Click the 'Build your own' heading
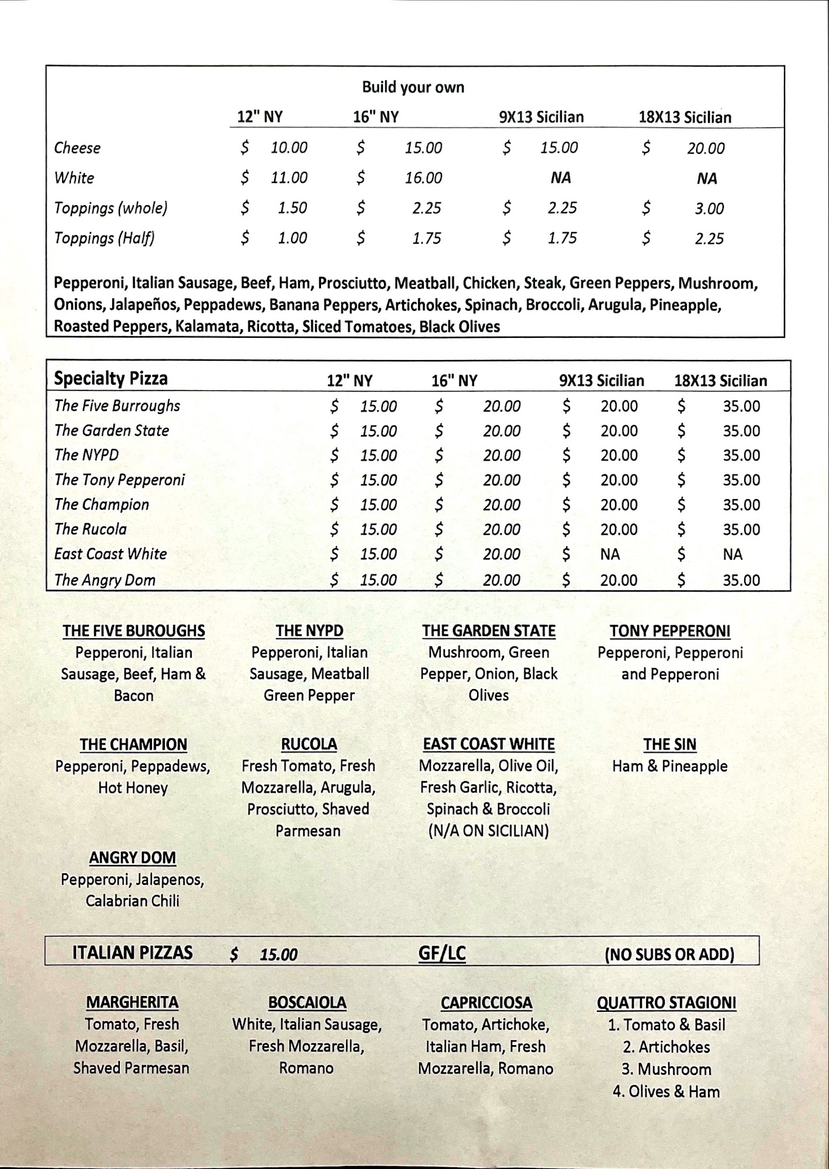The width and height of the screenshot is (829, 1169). pos(413,88)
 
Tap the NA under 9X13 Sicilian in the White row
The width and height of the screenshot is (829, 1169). pos(560,178)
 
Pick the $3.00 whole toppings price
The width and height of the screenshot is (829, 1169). pos(709,209)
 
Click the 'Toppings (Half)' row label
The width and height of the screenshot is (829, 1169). pos(104,238)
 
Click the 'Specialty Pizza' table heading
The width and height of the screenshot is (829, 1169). pos(110,379)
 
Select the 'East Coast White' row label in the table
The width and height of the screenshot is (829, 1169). pos(110,554)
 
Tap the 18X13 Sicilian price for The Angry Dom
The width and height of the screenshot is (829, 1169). pos(741,580)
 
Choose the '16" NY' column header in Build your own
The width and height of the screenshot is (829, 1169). pos(375,117)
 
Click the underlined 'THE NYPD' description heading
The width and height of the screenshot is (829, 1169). pos(309,631)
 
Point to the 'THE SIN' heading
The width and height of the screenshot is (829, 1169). pos(669,745)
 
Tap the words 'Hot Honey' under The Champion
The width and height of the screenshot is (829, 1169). pos(133,788)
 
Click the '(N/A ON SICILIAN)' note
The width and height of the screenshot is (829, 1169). pos(488,831)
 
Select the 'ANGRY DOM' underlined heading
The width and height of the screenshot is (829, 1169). pos(133,858)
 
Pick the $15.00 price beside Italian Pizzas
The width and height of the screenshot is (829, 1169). pos(278,954)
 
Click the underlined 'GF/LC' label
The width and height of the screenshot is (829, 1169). pos(442,954)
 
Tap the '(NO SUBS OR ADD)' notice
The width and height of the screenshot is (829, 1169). pos(669,954)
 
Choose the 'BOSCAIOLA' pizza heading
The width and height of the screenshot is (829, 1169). pos(307,1002)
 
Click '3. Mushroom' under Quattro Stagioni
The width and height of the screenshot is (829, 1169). pos(666,1069)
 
